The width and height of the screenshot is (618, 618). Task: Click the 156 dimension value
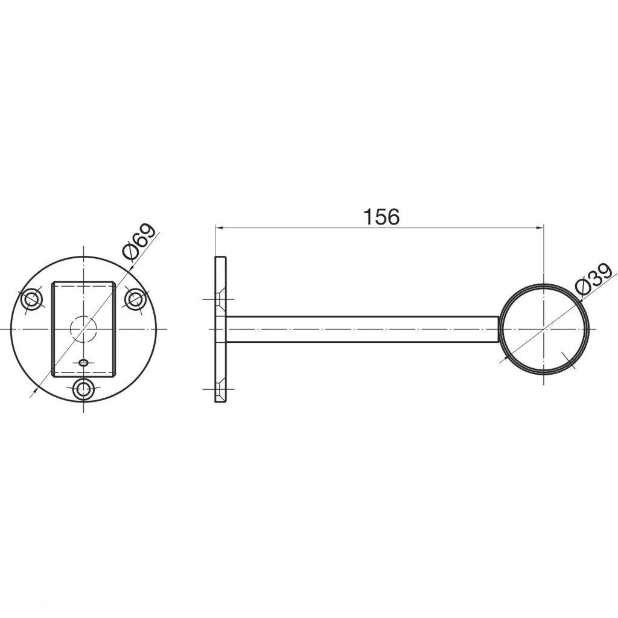(381, 217)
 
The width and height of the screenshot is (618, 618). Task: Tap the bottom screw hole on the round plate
(83, 389)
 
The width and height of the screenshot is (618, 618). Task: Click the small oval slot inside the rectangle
(83, 363)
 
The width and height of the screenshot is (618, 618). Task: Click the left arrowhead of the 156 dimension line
(219, 228)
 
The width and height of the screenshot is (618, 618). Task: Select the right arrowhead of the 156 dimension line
(540, 228)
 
